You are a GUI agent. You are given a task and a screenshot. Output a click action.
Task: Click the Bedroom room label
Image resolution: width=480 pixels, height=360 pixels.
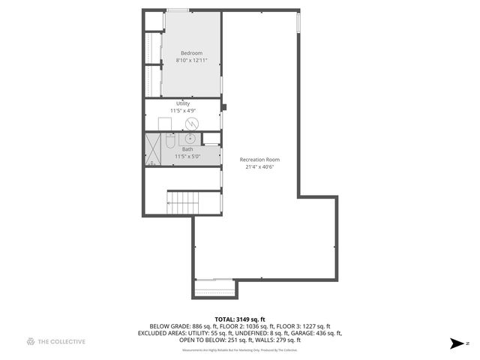[x=191, y=52]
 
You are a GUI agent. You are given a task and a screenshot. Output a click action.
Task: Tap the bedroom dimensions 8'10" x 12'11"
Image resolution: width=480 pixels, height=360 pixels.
[x=191, y=60]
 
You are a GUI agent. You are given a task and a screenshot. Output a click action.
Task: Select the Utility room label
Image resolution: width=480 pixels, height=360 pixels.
[x=183, y=103]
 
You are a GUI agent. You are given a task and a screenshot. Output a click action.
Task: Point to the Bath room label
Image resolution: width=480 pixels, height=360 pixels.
[x=187, y=149]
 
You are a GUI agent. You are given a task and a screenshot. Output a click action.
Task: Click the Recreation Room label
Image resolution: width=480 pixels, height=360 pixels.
[x=259, y=160]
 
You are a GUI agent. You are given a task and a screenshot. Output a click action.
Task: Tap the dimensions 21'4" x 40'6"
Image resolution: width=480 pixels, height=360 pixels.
[x=259, y=167]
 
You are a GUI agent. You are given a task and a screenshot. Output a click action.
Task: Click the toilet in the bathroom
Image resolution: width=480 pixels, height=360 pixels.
[x=170, y=140]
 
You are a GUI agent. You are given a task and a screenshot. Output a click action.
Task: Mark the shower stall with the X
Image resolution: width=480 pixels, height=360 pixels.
[x=154, y=149]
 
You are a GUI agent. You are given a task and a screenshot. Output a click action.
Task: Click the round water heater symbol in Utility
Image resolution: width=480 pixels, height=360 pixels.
[x=192, y=123]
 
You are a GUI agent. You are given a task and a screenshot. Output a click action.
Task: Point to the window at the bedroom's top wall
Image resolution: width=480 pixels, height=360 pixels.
[x=178, y=10]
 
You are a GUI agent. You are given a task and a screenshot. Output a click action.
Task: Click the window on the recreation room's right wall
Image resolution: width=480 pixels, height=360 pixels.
[x=299, y=22]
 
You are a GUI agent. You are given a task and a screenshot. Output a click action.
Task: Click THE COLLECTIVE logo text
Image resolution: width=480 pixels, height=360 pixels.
[x=61, y=341]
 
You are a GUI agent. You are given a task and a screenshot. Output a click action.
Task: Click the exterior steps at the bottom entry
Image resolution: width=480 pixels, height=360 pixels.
[x=214, y=289]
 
